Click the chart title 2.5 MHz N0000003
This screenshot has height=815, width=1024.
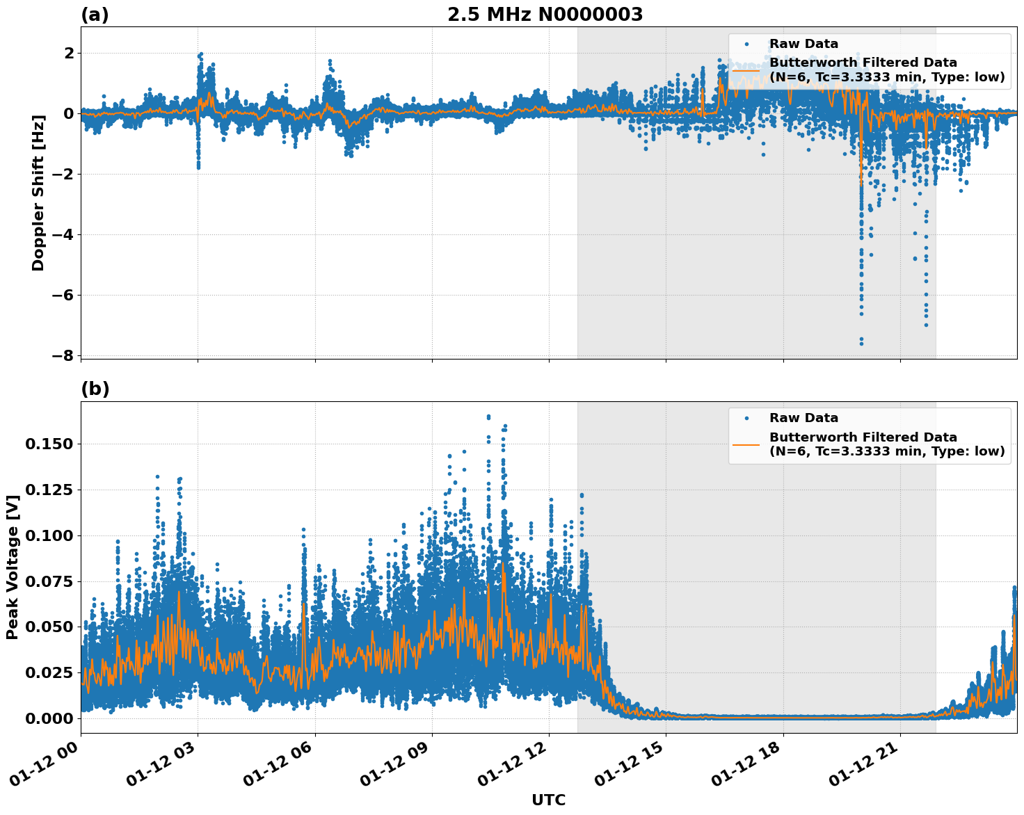[x=545, y=15]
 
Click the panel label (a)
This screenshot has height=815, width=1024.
[x=95, y=15]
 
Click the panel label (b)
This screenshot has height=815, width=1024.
[x=95, y=389]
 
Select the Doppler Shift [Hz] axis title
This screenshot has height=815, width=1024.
[x=38, y=193]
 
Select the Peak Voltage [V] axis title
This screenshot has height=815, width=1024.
[x=13, y=567]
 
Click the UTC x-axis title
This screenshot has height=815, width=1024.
[x=548, y=800]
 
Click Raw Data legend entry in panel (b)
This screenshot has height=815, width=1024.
[x=803, y=418]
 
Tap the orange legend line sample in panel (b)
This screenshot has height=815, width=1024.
[x=746, y=444]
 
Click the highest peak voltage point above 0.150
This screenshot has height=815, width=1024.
[x=488, y=417]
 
